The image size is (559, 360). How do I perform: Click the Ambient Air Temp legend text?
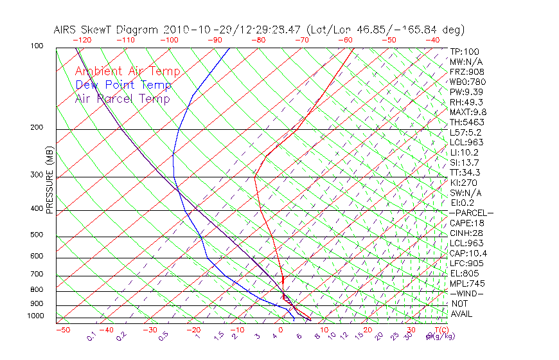[x=127, y=71]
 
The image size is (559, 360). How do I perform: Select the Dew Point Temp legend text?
[x=123, y=85]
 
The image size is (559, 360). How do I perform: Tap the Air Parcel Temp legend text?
[x=122, y=98]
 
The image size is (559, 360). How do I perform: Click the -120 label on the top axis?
[x=82, y=40]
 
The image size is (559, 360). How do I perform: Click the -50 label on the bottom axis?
[x=62, y=330]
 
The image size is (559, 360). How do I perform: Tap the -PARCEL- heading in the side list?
[x=471, y=213]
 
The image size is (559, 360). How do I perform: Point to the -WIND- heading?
[x=466, y=293]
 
